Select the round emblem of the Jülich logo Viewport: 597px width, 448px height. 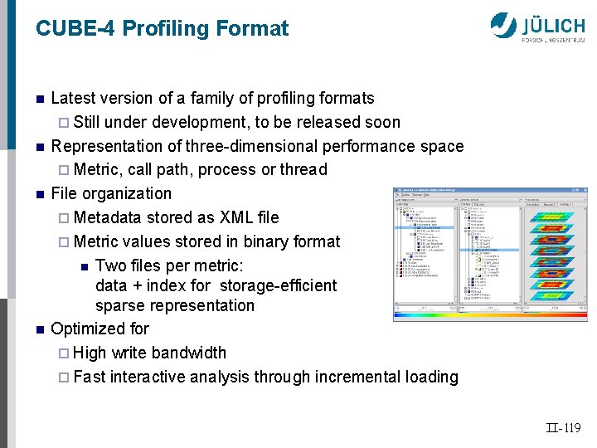503,26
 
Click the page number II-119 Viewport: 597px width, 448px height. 565,429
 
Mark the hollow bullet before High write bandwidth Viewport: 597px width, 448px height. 66,353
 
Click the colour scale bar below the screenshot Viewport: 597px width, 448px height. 489,316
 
